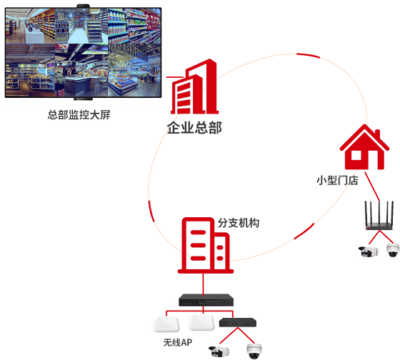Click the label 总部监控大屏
click(79, 115)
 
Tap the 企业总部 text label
click(194, 128)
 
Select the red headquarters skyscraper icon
click(194, 86)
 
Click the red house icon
click(364, 147)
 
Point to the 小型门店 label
click(337, 180)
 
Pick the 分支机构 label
click(239, 223)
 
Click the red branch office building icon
click(206, 246)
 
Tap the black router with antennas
click(379, 216)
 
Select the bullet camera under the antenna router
click(369, 251)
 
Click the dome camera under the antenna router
click(393, 250)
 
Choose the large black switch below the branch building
click(206, 300)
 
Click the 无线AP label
click(178, 342)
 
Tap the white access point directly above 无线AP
click(166, 324)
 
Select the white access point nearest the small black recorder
click(201, 323)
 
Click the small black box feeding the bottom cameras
click(238, 322)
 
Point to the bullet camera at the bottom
click(219, 351)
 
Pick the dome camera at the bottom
click(254, 351)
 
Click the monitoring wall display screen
click(83, 53)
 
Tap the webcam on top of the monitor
click(83, 6)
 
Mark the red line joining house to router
click(372, 186)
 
